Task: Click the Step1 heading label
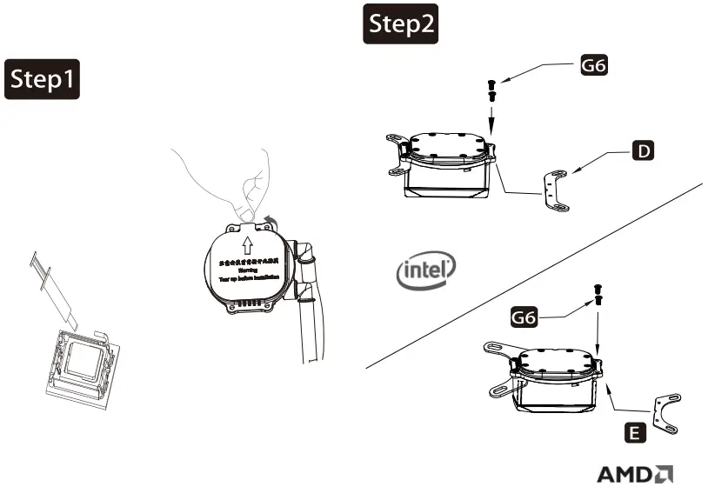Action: click(43, 80)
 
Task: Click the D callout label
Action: click(643, 151)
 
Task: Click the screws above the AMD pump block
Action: click(598, 294)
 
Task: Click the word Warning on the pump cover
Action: click(246, 270)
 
